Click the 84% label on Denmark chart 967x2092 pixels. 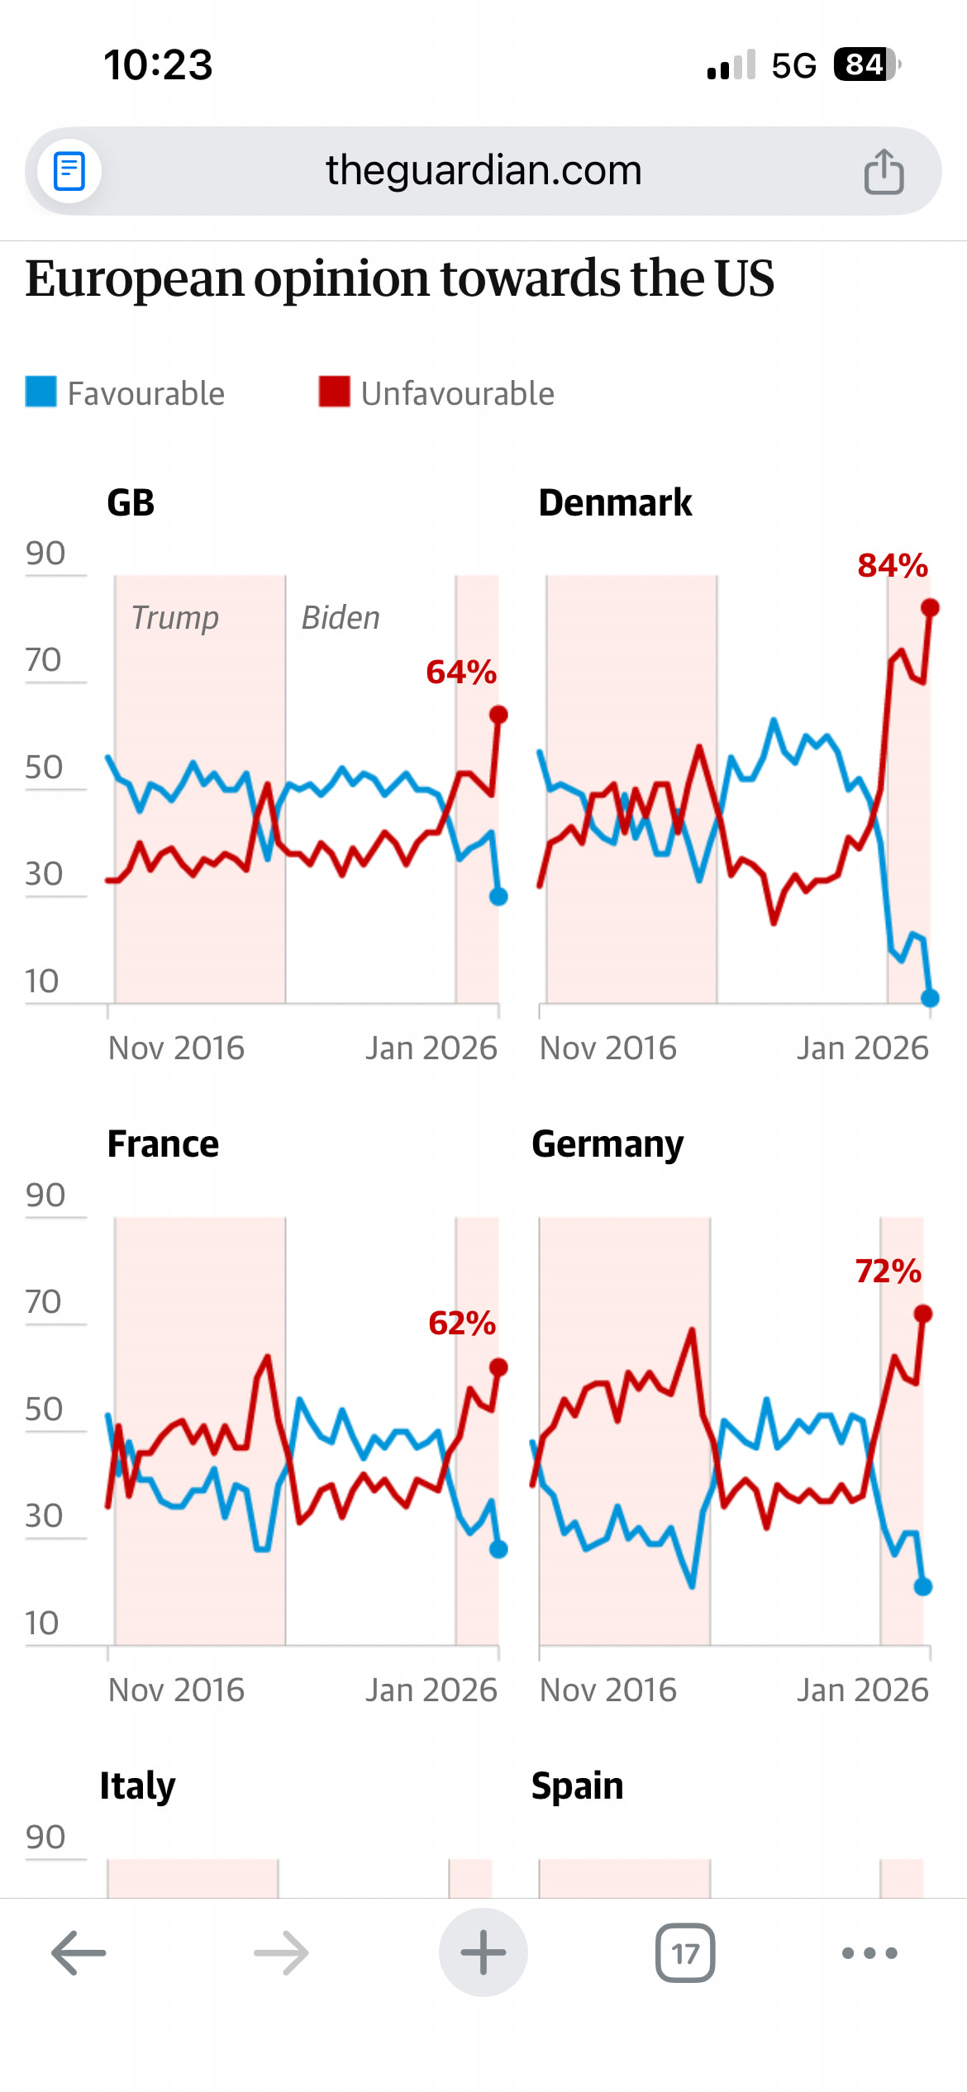pos(893,567)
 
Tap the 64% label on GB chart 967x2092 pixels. pos(461,673)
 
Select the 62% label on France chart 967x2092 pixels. pos(462,1324)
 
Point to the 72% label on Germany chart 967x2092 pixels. pos(888,1272)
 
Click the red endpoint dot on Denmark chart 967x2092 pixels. pos(930,608)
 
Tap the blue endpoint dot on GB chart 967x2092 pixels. pos(498,896)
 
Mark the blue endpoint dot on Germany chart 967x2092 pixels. pos(923,1586)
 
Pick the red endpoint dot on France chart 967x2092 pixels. pos(498,1367)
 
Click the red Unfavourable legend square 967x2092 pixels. pos(335,392)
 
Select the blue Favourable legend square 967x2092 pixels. pos(41,392)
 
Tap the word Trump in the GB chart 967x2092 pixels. pos(175,618)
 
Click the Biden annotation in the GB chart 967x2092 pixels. pos(341,618)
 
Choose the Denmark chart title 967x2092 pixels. pos(615,502)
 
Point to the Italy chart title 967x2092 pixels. pos(137,1786)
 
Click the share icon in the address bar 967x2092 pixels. pos(884,172)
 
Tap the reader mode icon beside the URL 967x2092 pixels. pos(69,172)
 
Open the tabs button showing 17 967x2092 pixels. pos(685,1953)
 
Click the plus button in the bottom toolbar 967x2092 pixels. pos(483,1953)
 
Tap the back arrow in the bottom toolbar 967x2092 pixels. pos(79,1953)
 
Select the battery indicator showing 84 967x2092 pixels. pos(866,64)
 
